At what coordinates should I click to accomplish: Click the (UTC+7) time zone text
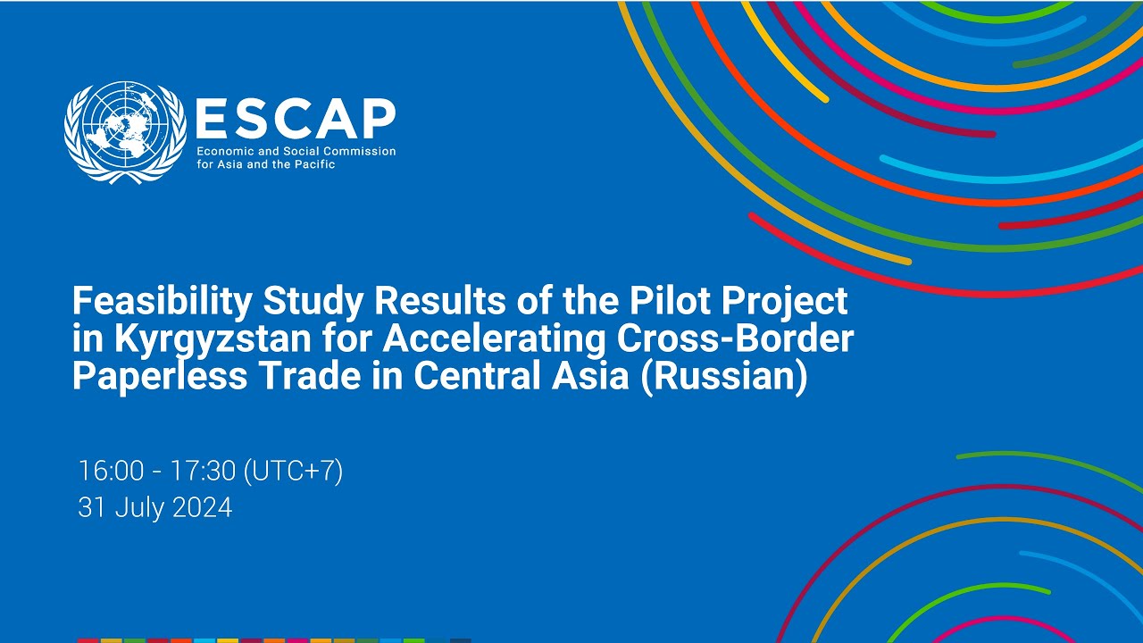(293, 471)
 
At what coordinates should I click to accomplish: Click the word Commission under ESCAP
(360, 151)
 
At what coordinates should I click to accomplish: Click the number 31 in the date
(89, 507)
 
